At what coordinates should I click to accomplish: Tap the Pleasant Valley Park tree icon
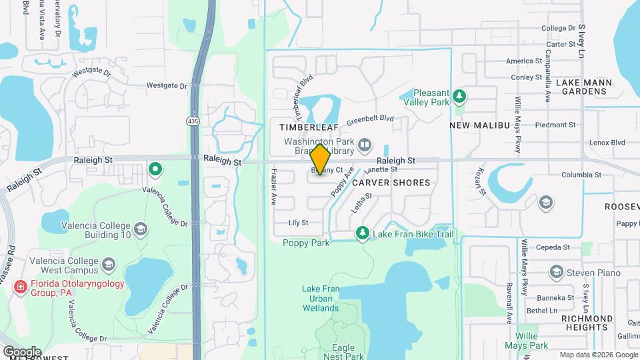click(459, 97)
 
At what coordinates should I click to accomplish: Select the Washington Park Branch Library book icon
click(365, 145)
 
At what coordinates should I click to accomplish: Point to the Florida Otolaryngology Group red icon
click(21, 287)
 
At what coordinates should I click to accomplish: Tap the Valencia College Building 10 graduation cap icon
click(141, 229)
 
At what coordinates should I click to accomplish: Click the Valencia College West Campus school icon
click(108, 267)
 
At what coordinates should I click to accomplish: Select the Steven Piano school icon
click(556, 272)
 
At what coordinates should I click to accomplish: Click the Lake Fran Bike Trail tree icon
click(362, 234)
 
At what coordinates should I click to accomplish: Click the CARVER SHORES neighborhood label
click(391, 182)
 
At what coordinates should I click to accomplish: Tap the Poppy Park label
click(306, 243)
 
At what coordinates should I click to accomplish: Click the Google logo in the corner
click(22, 351)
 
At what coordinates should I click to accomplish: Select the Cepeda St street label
click(556, 247)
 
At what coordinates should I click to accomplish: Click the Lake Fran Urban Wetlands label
click(320, 298)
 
